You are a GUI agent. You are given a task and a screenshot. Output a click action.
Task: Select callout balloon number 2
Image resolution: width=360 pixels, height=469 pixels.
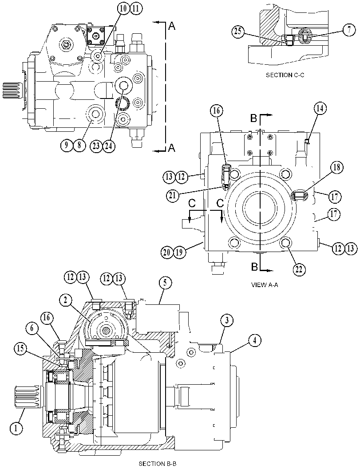pyautogui.click(x=66, y=300)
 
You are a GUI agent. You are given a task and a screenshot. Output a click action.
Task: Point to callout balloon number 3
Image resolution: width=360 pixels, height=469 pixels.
pyautogui.click(x=227, y=321)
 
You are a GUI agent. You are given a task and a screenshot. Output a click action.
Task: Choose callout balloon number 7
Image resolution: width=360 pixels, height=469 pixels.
pyautogui.click(x=349, y=31)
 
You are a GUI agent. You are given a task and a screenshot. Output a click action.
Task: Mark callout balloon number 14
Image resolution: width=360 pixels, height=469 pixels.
pyautogui.click(x=320, y=109)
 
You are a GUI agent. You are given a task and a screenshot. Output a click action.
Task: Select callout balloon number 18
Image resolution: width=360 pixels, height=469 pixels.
pyautogui.click(x=336, y=167)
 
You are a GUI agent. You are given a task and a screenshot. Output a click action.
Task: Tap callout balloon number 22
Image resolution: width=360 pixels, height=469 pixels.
pyautogui.click(x=299, y=269)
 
